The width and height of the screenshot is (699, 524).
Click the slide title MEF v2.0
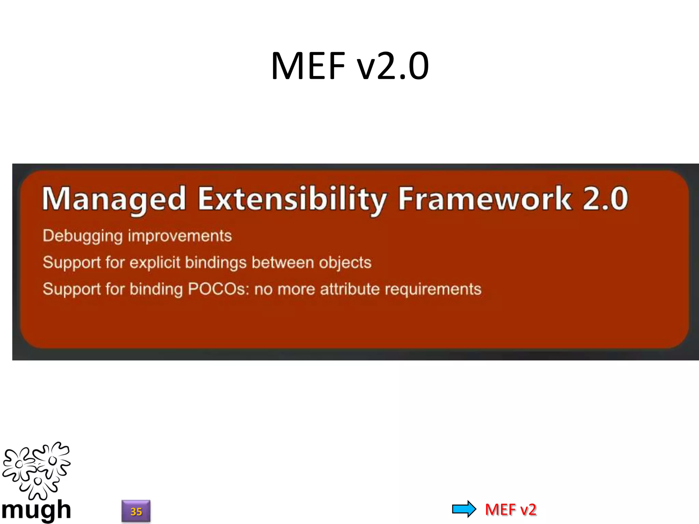pos(349,65)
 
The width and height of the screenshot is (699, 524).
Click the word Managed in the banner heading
pos(114,199)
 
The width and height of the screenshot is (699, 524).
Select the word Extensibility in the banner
pos(293,199)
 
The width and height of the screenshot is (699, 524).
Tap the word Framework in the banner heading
pos(485,199)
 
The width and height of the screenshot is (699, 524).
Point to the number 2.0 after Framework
pos(605,199)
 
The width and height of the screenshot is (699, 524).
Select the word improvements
pos(180,236)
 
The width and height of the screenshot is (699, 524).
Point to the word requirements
pos(433,289)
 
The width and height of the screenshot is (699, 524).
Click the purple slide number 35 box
pos(136,511)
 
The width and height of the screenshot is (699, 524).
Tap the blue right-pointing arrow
pos(464,509)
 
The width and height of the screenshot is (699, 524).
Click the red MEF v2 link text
pos(511,510)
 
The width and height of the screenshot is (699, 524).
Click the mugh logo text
pos(36,510)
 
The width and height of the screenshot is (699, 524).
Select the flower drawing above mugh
pos(36,470)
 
